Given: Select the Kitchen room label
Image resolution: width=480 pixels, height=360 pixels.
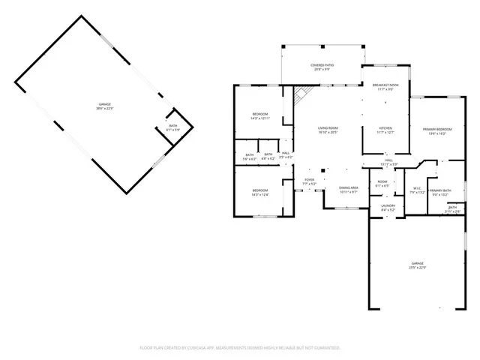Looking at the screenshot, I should (385, 130).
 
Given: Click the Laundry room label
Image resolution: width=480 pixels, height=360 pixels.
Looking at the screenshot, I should (388, 208).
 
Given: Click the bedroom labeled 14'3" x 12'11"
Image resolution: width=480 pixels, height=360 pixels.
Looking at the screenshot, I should (259, 116).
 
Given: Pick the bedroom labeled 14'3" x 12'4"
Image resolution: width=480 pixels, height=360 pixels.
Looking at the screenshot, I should (259, 193).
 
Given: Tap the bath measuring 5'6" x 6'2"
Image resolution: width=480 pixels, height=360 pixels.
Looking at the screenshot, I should (249, 157).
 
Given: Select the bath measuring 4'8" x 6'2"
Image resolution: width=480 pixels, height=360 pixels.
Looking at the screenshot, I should (268, 157).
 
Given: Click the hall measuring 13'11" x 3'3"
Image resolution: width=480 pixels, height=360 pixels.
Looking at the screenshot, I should (389, 162).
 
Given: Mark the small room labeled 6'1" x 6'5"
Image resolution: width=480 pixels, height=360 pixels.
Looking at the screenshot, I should (382, 184).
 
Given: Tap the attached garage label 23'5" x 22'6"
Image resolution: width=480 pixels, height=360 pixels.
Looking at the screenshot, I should (417, 265).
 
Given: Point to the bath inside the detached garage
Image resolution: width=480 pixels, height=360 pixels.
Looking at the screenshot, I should (172, 127).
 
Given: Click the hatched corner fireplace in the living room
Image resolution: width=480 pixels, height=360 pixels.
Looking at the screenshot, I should (300, 95).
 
